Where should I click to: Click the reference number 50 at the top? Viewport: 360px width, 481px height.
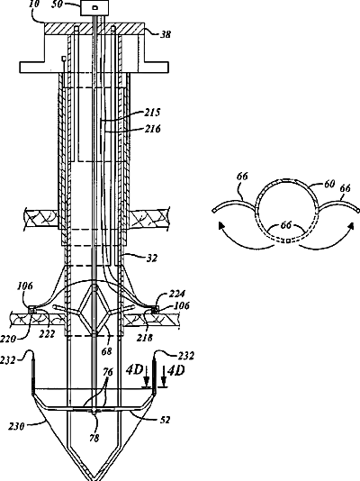pos(57,5)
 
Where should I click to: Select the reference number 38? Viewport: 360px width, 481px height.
pos(166,34)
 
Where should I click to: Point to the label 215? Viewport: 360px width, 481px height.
pos(152,113)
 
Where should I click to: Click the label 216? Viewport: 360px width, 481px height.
pos(153,129)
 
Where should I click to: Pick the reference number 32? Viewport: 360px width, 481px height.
pos(152,259)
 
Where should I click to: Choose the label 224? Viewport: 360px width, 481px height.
pos(176,295)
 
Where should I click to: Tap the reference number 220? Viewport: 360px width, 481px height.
pos(8,339)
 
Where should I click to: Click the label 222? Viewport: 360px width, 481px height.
pos(47,334)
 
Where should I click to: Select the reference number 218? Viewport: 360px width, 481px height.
pos(145,338)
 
